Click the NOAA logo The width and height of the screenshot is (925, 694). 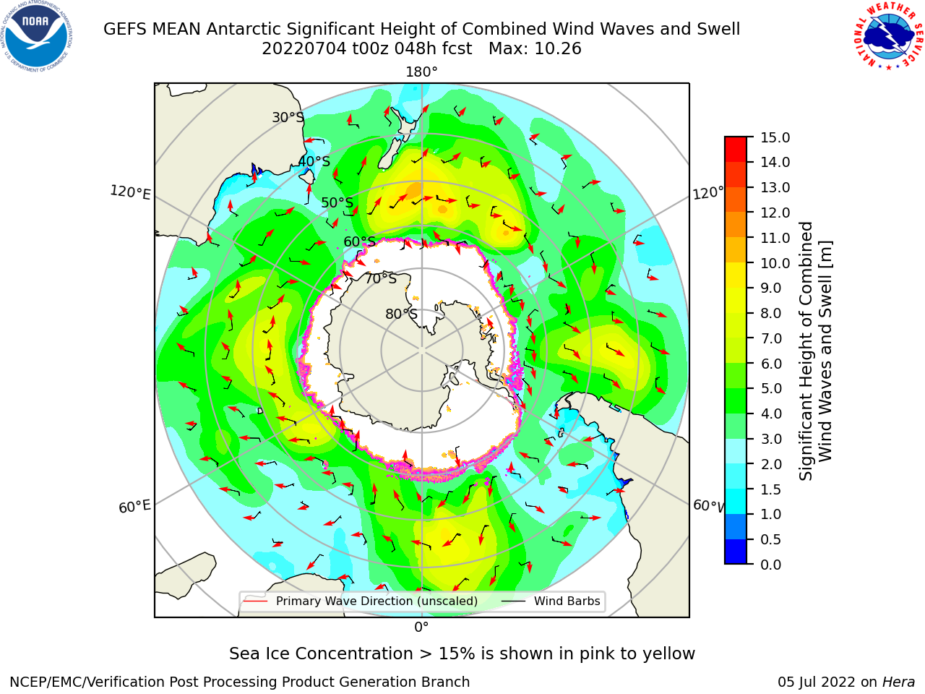pos(37,37)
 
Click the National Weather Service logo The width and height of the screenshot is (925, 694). pos(888,36)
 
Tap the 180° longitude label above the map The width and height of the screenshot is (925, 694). pos(421,72)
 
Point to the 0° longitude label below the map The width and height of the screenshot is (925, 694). pos(421,627)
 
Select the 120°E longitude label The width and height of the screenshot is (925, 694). pos(130,192)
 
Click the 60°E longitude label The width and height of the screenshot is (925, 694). pos(134,506)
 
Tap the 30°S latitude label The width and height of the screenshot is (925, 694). pos(288,117)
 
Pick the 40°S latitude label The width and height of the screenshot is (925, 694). pos(314,161)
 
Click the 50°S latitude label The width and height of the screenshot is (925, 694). pos(337,202)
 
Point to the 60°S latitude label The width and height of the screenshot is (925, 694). pos(359,241)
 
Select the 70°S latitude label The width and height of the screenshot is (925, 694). pos(381,278)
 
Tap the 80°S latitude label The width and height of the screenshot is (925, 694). pos(401,314)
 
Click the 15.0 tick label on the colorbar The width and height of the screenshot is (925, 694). pos(775,137)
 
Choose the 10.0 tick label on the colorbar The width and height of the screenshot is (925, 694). pos(775,263)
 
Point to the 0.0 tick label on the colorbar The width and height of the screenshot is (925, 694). pos(771,565)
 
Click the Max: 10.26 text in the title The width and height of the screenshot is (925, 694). pos(535,49)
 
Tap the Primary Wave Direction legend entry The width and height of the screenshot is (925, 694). pos(361,601)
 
